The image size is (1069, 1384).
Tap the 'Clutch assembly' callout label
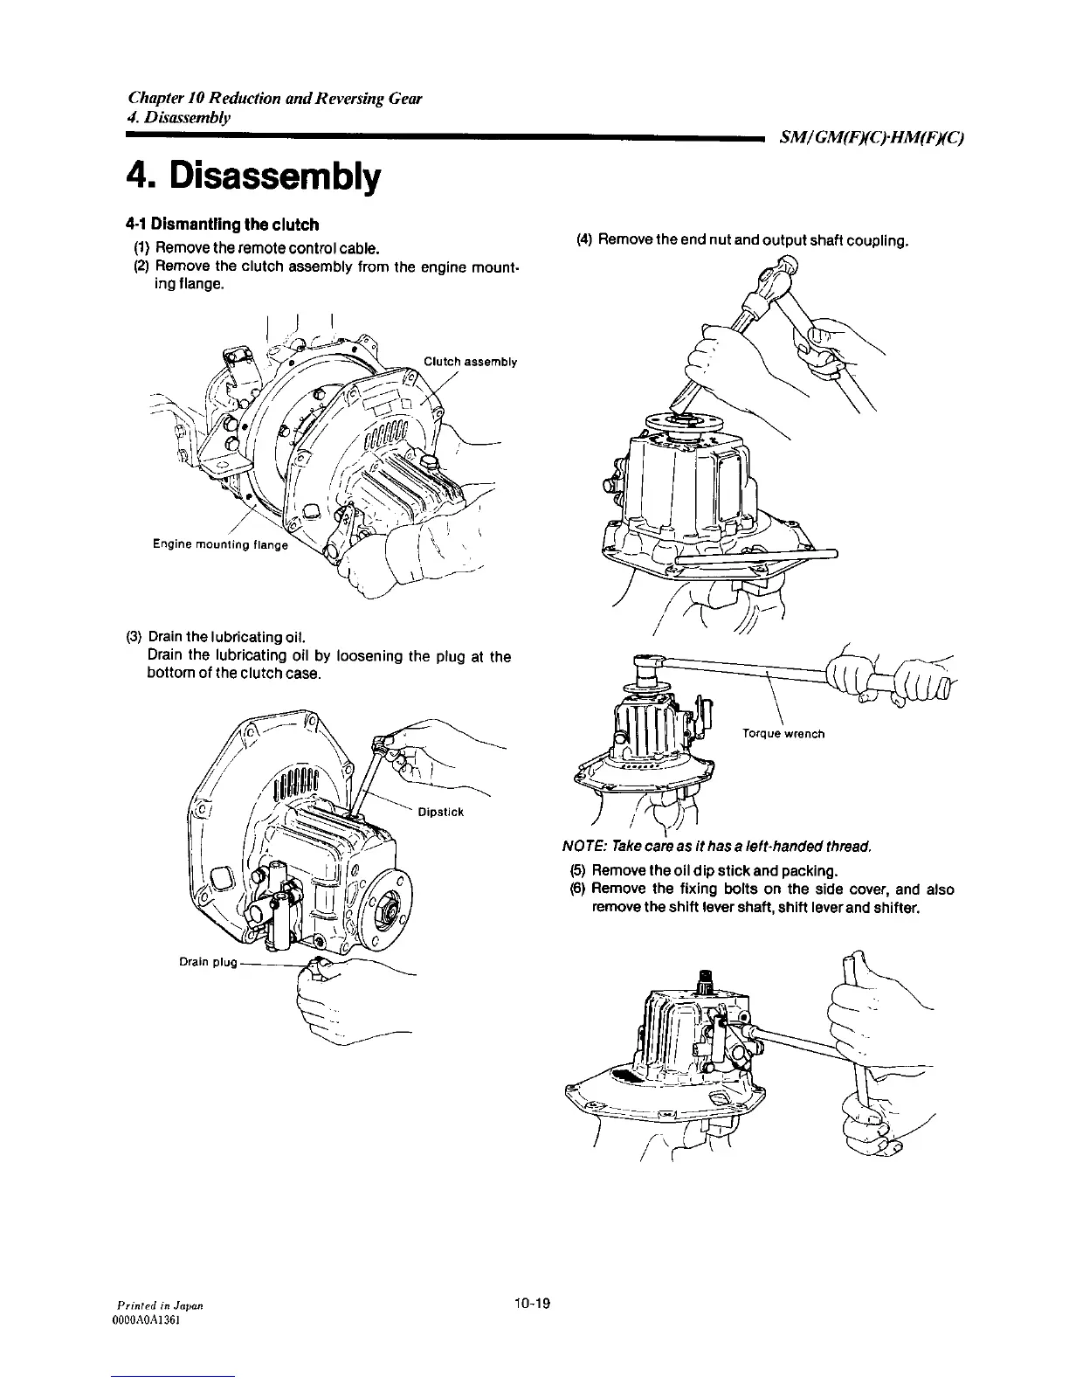[470, 362]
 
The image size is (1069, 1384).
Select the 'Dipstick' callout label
[440, 812]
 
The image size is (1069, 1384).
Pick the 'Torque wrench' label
[783, 733]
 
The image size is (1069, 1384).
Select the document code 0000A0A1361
[148, 1320]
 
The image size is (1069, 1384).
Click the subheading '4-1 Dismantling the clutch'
[210, 225]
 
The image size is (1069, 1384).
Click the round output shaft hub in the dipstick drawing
[386, 912]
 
